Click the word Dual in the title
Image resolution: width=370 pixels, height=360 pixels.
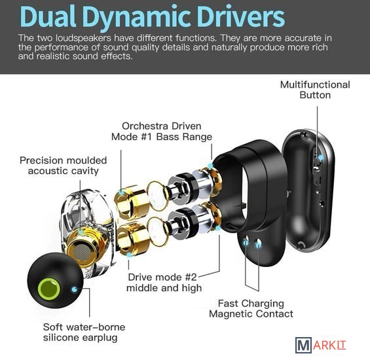point(48,17)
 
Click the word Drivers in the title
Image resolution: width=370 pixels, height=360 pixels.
point(242,17)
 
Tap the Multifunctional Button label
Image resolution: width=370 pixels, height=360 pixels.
point(315,90)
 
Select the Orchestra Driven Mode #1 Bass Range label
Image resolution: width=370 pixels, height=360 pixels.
point(162,132)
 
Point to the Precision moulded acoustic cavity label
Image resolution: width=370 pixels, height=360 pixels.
point(64,166)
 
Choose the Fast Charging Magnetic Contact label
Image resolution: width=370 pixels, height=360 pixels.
point(251,308)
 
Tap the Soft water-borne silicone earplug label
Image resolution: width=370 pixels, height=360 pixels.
point(84,332)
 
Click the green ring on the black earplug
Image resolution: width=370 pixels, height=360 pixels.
point(49,289)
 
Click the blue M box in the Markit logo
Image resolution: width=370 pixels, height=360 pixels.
point(303,345)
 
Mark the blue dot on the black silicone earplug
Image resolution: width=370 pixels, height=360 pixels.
point(75,289)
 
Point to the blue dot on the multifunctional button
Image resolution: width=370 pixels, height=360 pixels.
point(321,157)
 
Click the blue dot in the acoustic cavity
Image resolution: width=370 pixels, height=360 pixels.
point(81,233)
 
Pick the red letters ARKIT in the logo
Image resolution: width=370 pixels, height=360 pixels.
point(329,346)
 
